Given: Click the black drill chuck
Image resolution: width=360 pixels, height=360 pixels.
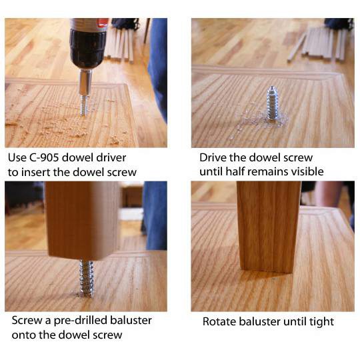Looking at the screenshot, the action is coord(89,49).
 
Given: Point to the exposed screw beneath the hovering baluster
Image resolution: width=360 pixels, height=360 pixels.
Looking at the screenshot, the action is coord(86,278).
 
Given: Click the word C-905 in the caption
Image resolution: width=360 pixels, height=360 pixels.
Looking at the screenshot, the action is coord(44,158).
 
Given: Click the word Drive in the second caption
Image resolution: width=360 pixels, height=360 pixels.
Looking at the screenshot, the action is coord(211,158).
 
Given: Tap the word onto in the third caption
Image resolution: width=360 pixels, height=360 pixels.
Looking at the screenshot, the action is coord(23,335).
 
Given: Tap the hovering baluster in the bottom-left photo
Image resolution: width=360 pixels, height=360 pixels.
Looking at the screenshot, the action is coord(82,221).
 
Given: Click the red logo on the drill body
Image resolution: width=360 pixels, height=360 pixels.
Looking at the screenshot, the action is coord(103,23).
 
